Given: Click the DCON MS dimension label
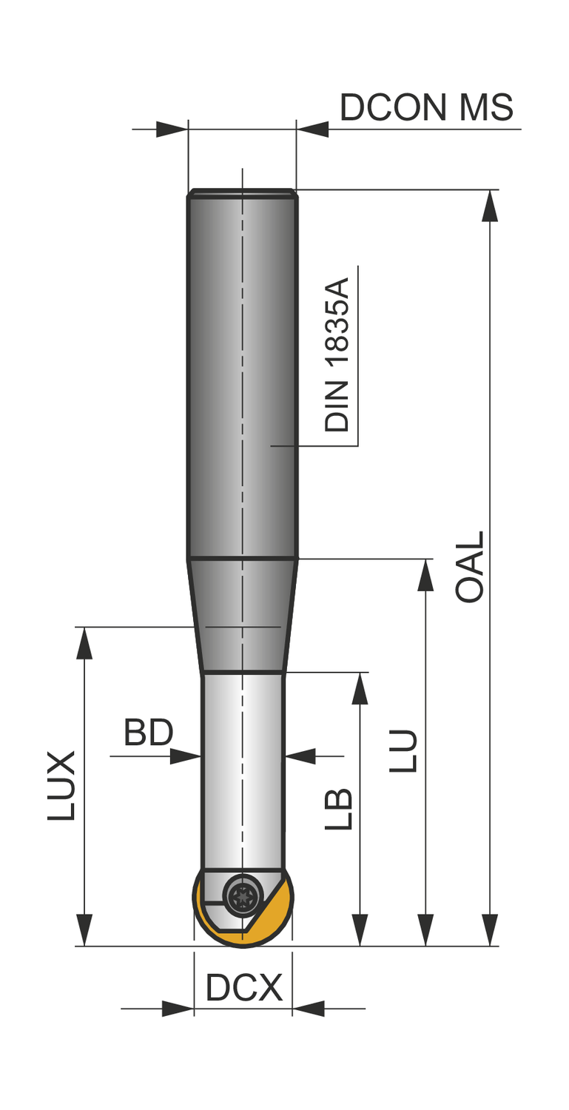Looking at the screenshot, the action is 426,107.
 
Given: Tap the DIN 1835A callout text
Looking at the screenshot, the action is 337,354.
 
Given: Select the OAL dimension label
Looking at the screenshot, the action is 469,567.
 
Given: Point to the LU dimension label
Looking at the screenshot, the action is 403,750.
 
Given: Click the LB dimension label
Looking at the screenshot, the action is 339,809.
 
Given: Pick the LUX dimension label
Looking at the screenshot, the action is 61,786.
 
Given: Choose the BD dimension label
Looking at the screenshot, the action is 149,733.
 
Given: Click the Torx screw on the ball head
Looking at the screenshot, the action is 243,896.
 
